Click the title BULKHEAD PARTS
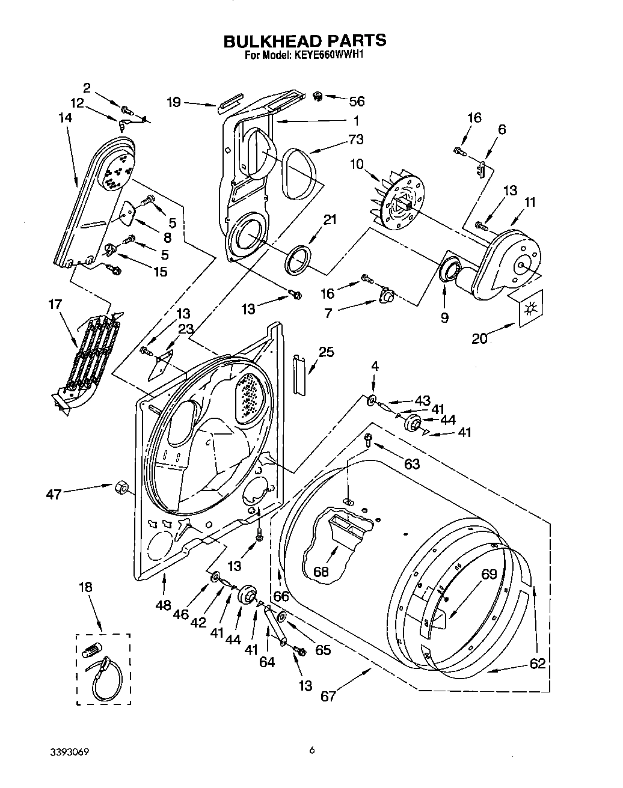(304, 41)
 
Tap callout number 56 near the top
(357, 102)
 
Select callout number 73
(356, 139)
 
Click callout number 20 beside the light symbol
(479, 338)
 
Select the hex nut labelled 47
(121, 486)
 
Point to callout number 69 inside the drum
(489, 574)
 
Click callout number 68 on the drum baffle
(321, 572)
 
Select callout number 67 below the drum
(328, 696)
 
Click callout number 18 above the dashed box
(86, 587)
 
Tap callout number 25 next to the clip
(325, 352)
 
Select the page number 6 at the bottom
(311, 750)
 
